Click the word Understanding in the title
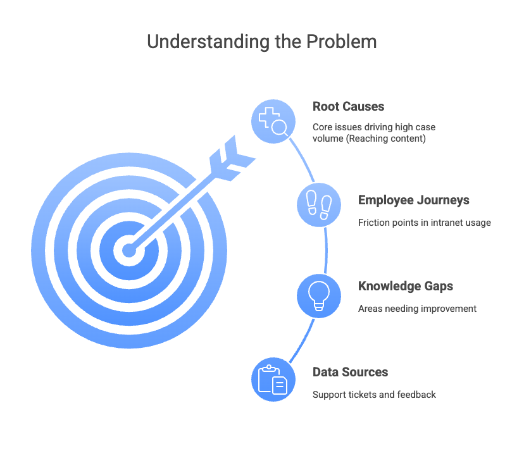209,42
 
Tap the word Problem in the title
342,42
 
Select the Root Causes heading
348,106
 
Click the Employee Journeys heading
414,201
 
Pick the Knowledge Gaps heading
406,287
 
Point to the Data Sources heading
350,372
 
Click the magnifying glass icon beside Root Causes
273,121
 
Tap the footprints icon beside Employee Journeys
319,205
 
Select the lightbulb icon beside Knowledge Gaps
319,296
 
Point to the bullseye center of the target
129,250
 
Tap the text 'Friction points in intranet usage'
425,223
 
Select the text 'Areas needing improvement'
417,309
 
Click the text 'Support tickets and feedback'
374,395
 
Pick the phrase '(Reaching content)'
385,139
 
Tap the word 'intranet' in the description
444,223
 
